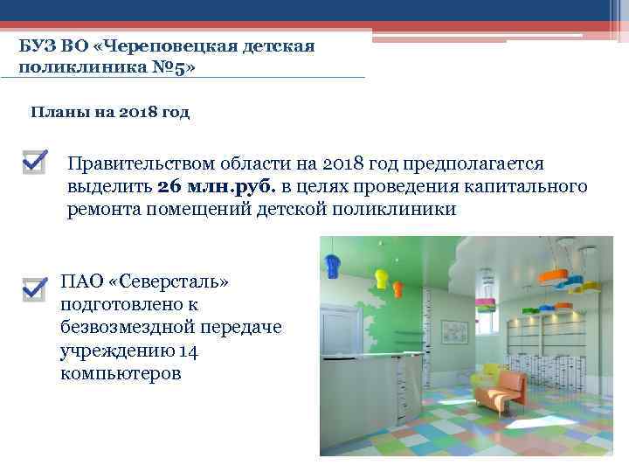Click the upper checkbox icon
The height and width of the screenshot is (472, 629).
(34, 161)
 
